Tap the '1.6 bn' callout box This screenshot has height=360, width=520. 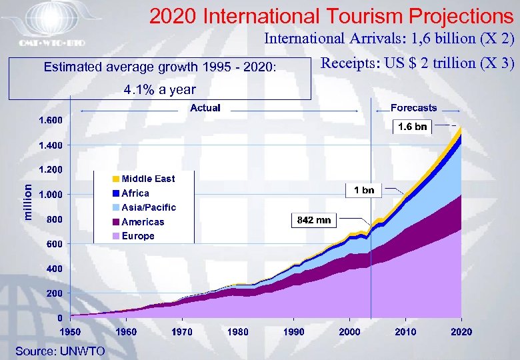coord(412,127)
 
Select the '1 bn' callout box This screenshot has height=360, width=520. coord(363,191)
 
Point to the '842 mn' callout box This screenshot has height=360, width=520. coord(313,219)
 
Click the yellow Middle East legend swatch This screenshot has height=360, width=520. coord(115,179)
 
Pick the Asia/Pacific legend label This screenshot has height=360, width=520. coord(149,207)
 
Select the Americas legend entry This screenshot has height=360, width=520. coord(143,222)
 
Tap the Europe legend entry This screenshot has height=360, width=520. coord(138,236)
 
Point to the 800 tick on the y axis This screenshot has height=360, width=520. coord(55,219)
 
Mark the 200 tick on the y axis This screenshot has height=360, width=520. coord(55,293)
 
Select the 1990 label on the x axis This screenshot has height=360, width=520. coord(294,331)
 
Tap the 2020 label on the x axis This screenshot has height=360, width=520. coord(461,331)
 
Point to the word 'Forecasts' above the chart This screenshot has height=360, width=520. coord(413,108)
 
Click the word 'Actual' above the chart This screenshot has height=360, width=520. coord(205,108)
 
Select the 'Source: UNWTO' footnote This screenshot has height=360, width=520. coord(60,351)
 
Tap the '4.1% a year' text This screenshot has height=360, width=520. coord(160,90)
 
